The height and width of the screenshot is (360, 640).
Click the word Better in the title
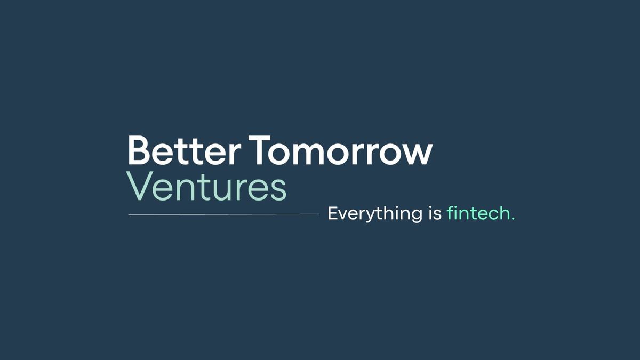pyautogui.click(x=184, y=151)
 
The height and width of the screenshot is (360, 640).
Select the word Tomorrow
pyautogui.click(x=341, y=151)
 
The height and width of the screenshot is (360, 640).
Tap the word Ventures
pyautogui.click(x=207, y=187)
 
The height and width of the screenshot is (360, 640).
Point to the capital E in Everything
pyautogui.click(x=332, y=213)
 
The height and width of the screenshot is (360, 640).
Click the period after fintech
pyautogui.click(x=513, y=219)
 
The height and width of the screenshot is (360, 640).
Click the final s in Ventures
pyautogui.click(x=279, y=189)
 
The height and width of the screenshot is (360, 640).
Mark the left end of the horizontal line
pyautogui.click(x=130, y=214)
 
